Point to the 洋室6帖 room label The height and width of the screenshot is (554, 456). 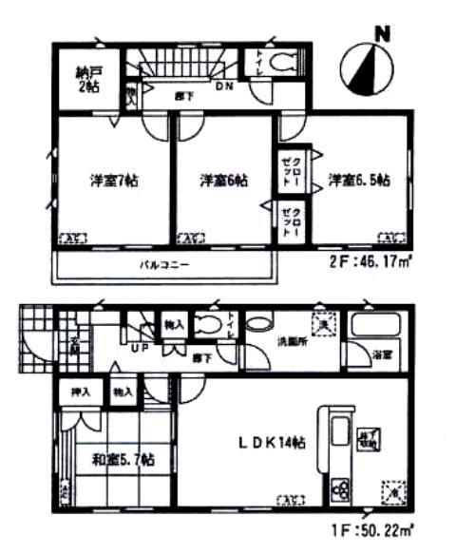(x=221, y=181)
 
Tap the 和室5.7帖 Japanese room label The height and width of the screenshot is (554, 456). (x=123, y=460)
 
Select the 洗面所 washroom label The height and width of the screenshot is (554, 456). (x=291, y=339)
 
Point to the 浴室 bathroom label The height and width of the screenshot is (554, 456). (x=383, y=354)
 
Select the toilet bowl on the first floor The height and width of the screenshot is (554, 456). (x=208, y=326)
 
